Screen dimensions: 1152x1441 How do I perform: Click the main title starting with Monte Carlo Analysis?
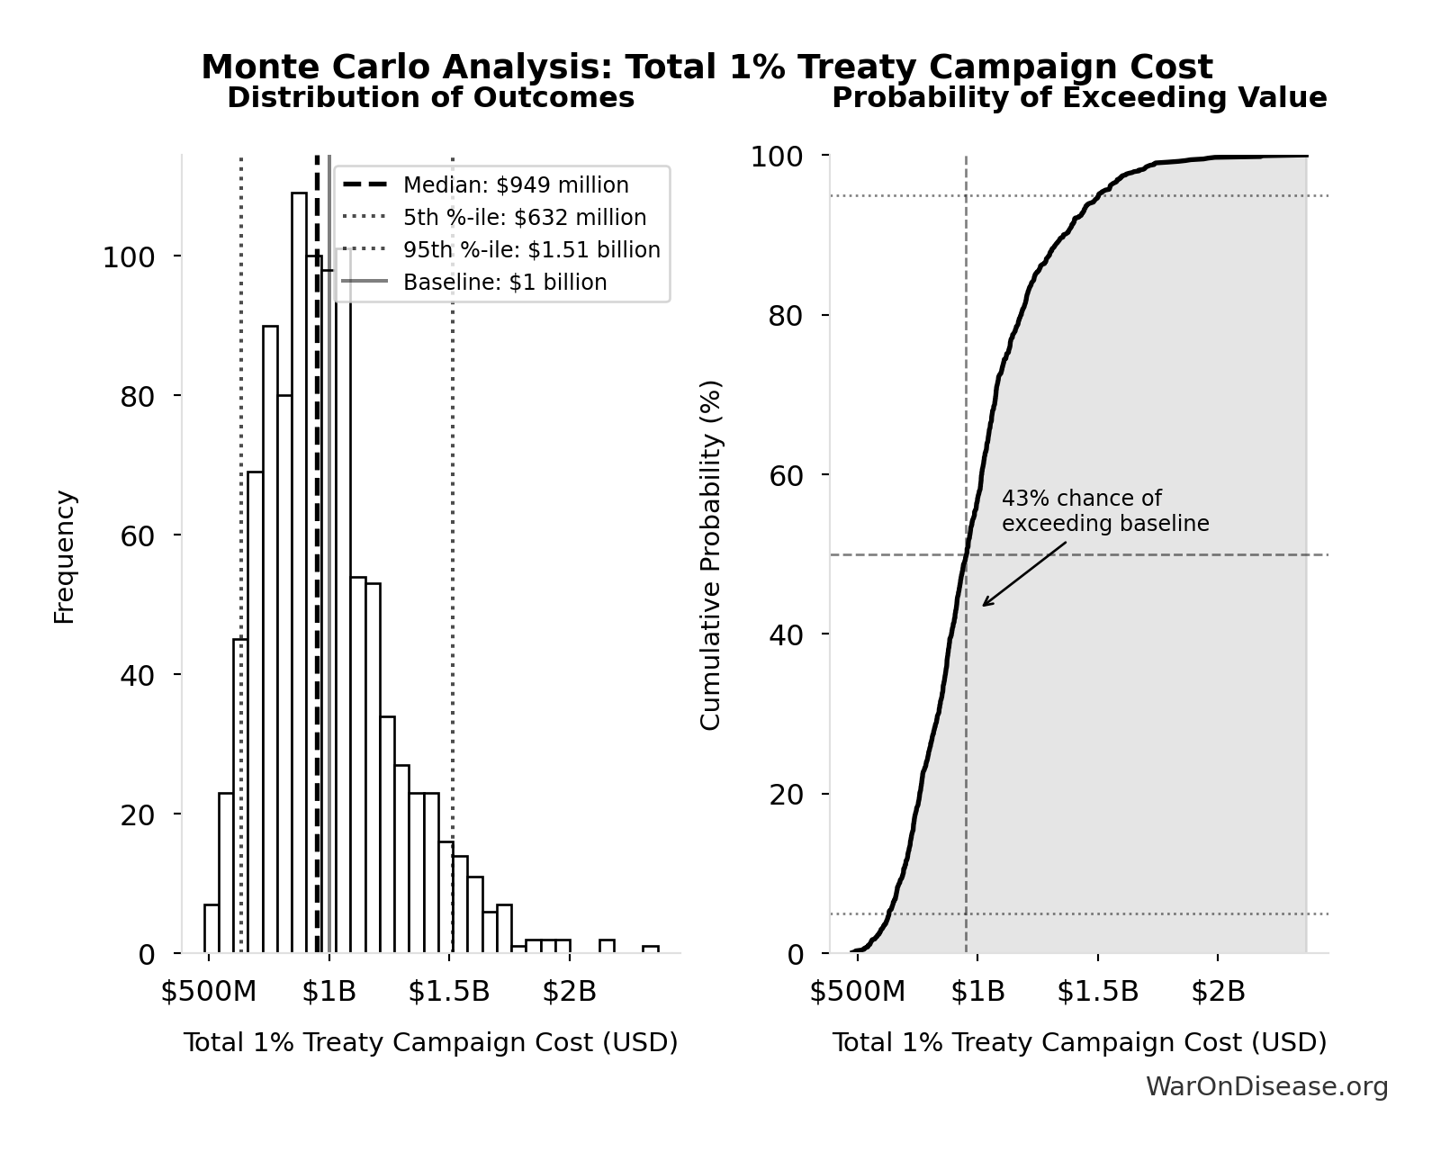click(x=707, y=67)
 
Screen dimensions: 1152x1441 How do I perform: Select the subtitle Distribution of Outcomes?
click(x=430, y=98)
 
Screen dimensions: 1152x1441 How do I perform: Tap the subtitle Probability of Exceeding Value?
click(x=1079, y=98)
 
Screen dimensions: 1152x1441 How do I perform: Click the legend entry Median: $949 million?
click(x=516, y=185)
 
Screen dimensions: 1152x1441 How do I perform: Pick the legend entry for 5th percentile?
click(x=524, y=218)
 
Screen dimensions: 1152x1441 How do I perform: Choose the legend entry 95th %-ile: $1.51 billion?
click(x=531, y=250)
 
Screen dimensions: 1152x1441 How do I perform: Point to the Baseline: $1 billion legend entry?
click(x=505, y=283)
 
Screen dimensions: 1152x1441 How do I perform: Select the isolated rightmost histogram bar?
click(x=651, y=949)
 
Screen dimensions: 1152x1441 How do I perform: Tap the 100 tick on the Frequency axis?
click(x=129, y=257)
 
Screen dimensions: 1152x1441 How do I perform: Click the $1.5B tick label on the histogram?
click(x=449, y=991)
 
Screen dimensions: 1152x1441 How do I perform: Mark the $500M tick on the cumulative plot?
click(x=857, y=991)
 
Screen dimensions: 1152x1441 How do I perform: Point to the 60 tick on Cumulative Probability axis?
click(x=786, y=475)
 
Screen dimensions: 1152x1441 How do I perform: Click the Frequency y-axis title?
click(x=65, y=556)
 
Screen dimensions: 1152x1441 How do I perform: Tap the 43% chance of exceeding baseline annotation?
click(x=1104, y=511)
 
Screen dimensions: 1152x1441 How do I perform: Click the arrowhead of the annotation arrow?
click(x=984, y=605)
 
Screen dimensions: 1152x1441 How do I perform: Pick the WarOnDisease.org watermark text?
click(x=1266, y=1087)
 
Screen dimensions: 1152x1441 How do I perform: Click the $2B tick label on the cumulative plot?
click(x=1218, y=991)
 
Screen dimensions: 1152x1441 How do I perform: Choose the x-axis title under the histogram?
click(x=430, y=1042)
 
